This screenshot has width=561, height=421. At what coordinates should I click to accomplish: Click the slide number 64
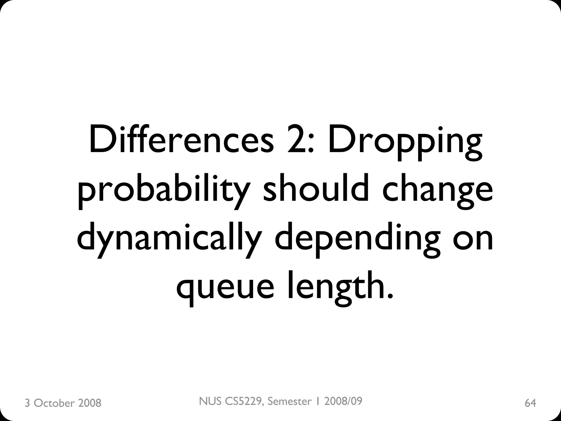tap(530, 403)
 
